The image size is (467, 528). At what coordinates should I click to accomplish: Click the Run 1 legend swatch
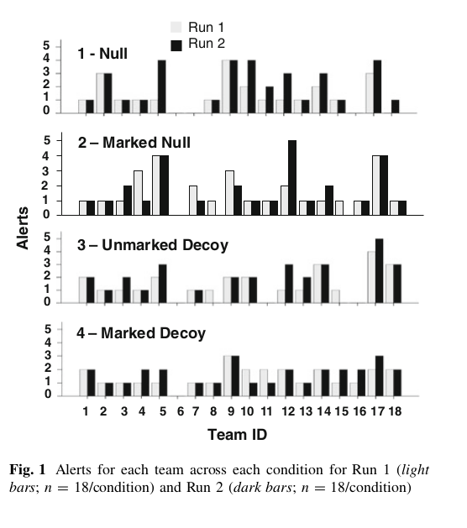tap(176, 27)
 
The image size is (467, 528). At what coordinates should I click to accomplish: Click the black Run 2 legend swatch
tap(176, 45)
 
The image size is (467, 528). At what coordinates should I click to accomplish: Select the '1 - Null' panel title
tap(102, 54)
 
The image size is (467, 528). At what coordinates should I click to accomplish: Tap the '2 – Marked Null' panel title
tap(134, 143)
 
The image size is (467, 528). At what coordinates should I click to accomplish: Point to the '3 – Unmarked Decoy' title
tap(153, 245)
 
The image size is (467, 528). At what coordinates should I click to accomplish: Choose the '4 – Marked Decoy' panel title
tap(141, 333)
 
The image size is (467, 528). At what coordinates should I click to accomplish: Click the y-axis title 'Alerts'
tap(23, 228)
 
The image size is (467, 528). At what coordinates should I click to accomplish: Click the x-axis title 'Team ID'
tap(237, 434)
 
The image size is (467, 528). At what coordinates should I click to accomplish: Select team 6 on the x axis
tap(181, 411)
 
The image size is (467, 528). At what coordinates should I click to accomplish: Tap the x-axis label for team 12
tap(288, 411)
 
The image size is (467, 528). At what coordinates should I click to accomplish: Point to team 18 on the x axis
tap(395, 411)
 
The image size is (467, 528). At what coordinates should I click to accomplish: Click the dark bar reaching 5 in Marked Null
tap(292, 177)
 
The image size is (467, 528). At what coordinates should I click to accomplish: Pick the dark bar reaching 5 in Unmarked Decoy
tap(379, 271)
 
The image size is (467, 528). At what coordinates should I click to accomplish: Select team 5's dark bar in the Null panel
tap(162, 86)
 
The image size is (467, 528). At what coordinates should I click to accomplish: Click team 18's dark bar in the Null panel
tap(396, 107)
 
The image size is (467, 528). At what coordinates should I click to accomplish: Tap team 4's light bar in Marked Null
tap(138, 192)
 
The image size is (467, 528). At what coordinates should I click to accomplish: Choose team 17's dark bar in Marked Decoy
tap(379, 376)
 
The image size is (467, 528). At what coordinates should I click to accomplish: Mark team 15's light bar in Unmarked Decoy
tap(335, 296)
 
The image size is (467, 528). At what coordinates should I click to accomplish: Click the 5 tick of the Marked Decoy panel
tap(48, 329)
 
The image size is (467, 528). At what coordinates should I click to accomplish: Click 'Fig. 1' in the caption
tap(27, 469)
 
